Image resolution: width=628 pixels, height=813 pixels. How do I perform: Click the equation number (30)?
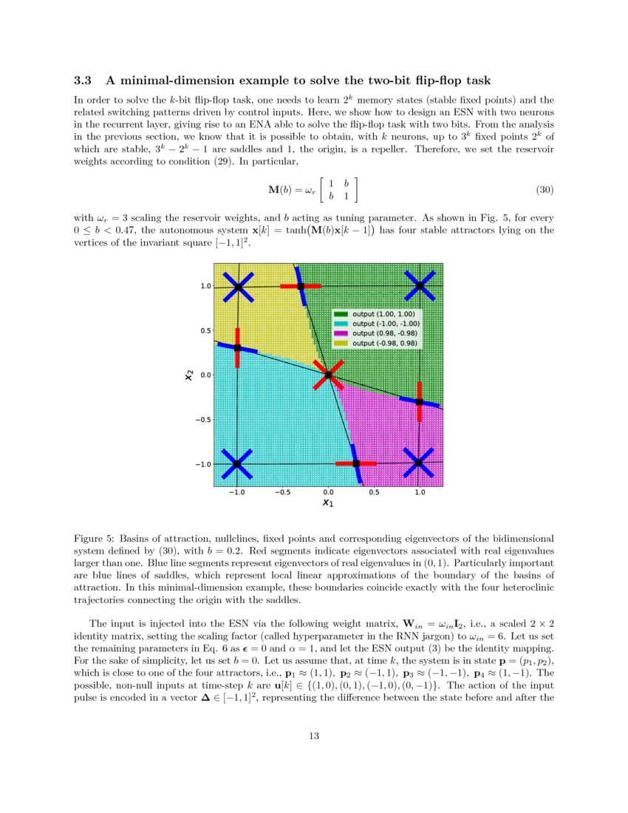click(x=544, y=190)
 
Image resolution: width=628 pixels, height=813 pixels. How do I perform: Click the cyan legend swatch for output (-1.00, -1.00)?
click(x=343, y=324)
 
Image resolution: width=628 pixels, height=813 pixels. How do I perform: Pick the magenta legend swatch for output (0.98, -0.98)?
click(x=343, y=333)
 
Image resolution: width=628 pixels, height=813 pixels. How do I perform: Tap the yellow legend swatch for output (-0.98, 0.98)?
click(x=343, y=343)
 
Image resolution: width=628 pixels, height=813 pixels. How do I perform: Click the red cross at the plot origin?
click(x=328, y=375)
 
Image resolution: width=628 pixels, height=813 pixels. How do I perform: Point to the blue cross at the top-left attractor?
click(x=237, y=287)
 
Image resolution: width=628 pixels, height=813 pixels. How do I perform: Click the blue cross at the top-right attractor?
click(x=419, y=286)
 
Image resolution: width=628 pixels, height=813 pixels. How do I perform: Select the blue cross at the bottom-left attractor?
click(x=237, y=464)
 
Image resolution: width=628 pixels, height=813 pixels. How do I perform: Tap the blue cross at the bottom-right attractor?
click(x=419, y=463)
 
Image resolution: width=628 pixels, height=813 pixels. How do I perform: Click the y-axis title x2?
click(x=188, y=375)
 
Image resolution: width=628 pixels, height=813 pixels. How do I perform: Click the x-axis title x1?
click(x=328, y=504)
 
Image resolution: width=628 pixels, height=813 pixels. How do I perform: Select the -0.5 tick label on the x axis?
click(x=282, y=491)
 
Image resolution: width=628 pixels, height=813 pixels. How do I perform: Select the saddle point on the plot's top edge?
click(x=301, y=286)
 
